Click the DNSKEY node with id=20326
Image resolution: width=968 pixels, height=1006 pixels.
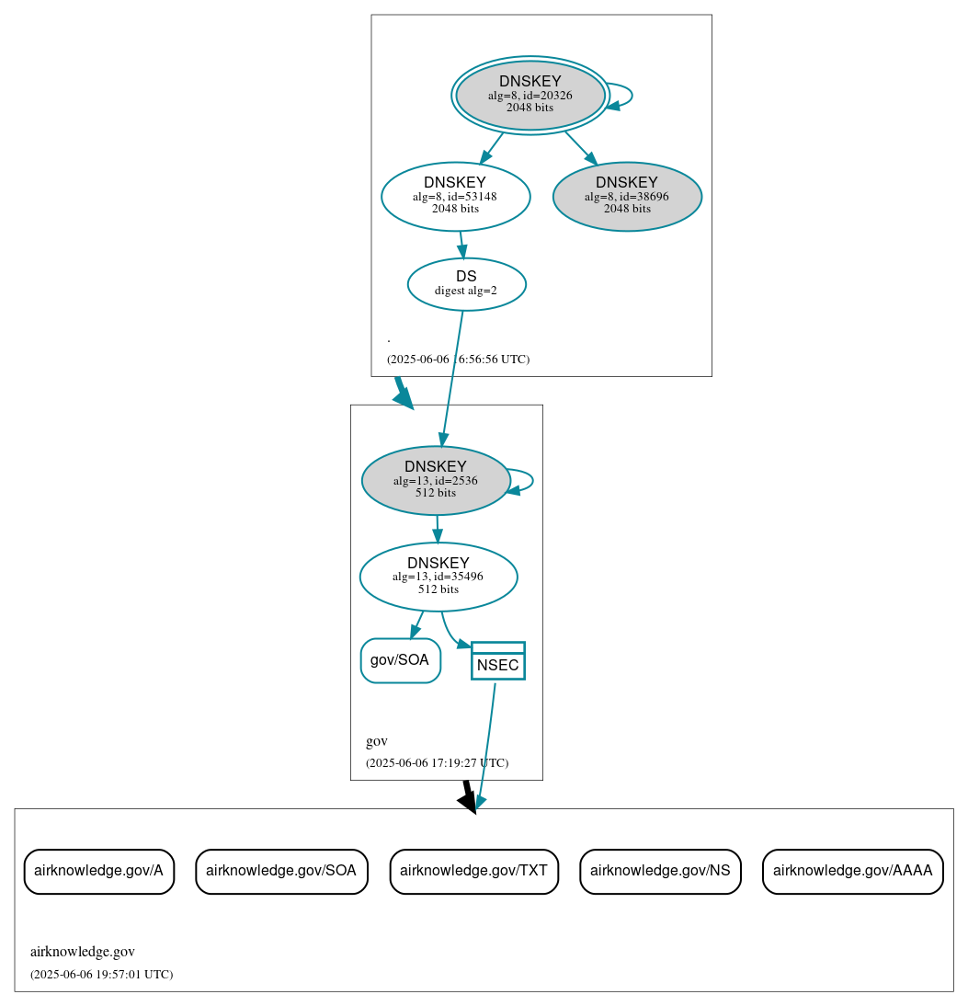[x=530, y=95]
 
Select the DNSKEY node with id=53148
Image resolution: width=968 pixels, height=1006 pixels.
[x=455, y=196]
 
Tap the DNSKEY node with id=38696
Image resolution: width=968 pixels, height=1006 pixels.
[x=627, y=196]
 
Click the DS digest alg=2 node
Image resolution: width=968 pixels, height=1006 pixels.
[x=466, y=284]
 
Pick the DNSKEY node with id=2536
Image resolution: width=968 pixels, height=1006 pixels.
[x=436, y=480]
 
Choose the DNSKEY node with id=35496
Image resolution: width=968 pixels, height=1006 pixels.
[x=438, y=577]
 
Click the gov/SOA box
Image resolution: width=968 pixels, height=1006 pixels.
[x=400, y=660]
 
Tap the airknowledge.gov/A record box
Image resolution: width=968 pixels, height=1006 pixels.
[x=98, y=871]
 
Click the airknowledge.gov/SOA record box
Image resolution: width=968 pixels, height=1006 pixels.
[x=281, y=871]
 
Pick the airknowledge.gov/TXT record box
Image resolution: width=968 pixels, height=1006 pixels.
[x=473, y=871]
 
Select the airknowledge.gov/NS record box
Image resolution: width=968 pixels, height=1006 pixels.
[x=660, y=871]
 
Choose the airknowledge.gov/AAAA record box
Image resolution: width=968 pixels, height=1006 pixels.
[x=852, y=871]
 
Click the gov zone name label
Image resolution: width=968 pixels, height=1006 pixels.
[x=377, y=741]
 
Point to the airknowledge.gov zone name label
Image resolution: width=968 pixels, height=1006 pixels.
[x=83, y=952]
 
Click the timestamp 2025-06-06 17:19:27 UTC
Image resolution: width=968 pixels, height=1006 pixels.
[x=437, y=763]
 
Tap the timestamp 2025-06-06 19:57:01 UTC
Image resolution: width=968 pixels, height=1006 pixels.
[x=101, y=974]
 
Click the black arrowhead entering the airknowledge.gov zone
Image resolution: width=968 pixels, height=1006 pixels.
[x=468, y=803]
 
